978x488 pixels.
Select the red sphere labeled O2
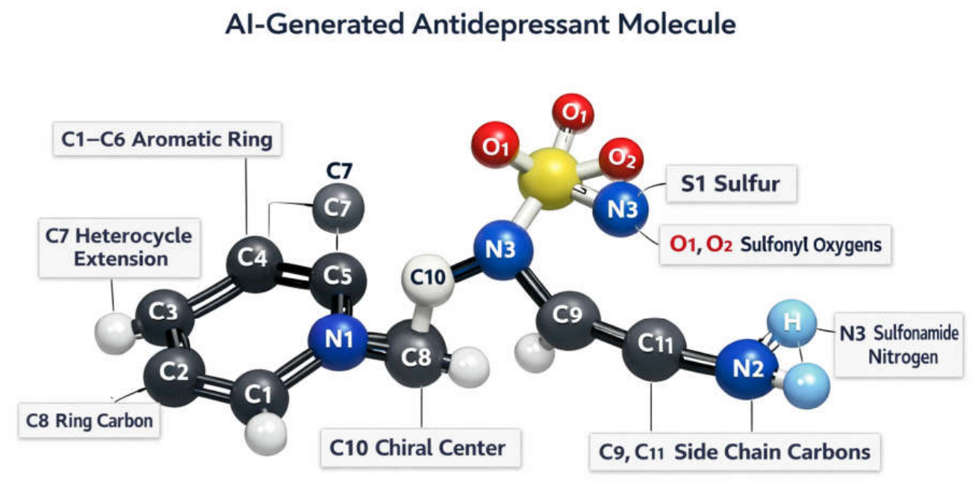pos(621,158)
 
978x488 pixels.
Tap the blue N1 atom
pos(338,341)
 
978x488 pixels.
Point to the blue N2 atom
pos(747,369)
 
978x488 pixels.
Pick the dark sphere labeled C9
pos(567,320)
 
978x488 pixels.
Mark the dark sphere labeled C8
pos(415,354)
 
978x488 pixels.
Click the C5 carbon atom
pos(338,279)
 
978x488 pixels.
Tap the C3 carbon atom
pos(163,317)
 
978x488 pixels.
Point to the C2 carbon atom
pos(174,376)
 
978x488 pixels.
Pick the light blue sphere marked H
pos(791,323)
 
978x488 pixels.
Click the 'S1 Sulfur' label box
pos(731,184)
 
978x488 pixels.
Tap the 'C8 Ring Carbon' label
pos(90,421)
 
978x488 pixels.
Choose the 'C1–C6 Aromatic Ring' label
pos(166,140)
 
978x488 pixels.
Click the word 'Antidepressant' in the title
pos(511,24)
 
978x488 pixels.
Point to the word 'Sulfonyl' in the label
pos(773,245)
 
